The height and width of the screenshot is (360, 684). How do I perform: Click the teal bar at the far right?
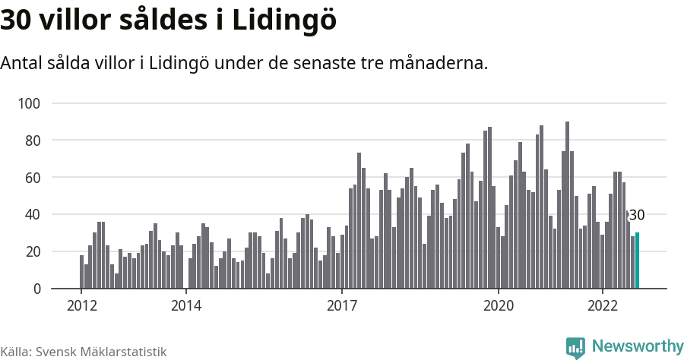[637, 261]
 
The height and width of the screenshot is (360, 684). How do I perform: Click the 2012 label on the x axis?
[81, 306]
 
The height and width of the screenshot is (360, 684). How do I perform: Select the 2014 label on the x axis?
[186, 306]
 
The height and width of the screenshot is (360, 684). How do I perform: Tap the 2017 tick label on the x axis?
[342, 306]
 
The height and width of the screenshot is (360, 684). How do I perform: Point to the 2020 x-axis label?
[499, 306]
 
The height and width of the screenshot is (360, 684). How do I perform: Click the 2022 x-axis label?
[603, 306]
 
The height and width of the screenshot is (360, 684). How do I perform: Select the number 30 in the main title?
[17, 21]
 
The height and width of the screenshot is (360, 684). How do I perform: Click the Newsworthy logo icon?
[575, 347]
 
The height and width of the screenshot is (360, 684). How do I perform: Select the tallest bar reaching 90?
[567, 205]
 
